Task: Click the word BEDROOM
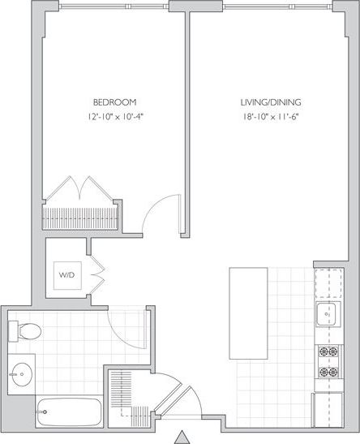click(114, 102)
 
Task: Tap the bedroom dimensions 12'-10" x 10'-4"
click(114, 116)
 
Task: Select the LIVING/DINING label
click(271, 102)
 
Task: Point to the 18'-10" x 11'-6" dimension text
click(271, 116)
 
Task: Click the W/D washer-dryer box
click(66, 275)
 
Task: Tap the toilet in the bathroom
click(25, 330)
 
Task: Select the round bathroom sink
click(24, 374)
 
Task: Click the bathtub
click(70, 412)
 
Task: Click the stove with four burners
click(328, 362)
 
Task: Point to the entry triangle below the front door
click(182, 436)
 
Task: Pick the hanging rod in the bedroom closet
click(81, 218)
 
